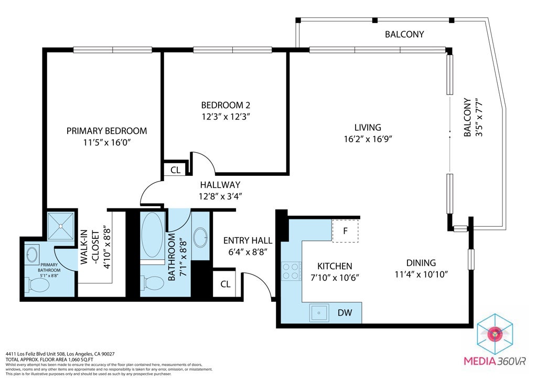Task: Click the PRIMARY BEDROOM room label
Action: pos(106,131)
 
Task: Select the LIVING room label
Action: pos(367,127)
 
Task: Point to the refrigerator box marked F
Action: pos(345,230)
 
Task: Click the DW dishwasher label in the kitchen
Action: pos(344,313)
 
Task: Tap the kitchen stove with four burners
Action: pos(292,271)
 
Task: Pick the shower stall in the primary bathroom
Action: pos(62,226)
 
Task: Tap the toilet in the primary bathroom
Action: pos(38,285)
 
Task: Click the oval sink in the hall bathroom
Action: pos(200,237)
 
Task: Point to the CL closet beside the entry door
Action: pos(225,284)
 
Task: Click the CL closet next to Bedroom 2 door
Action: pos(176,170)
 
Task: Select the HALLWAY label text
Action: pos(220,185)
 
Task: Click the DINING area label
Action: pos(421,263)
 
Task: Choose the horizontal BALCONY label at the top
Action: pos(404,35)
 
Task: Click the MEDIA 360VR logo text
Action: pos(495,361)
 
